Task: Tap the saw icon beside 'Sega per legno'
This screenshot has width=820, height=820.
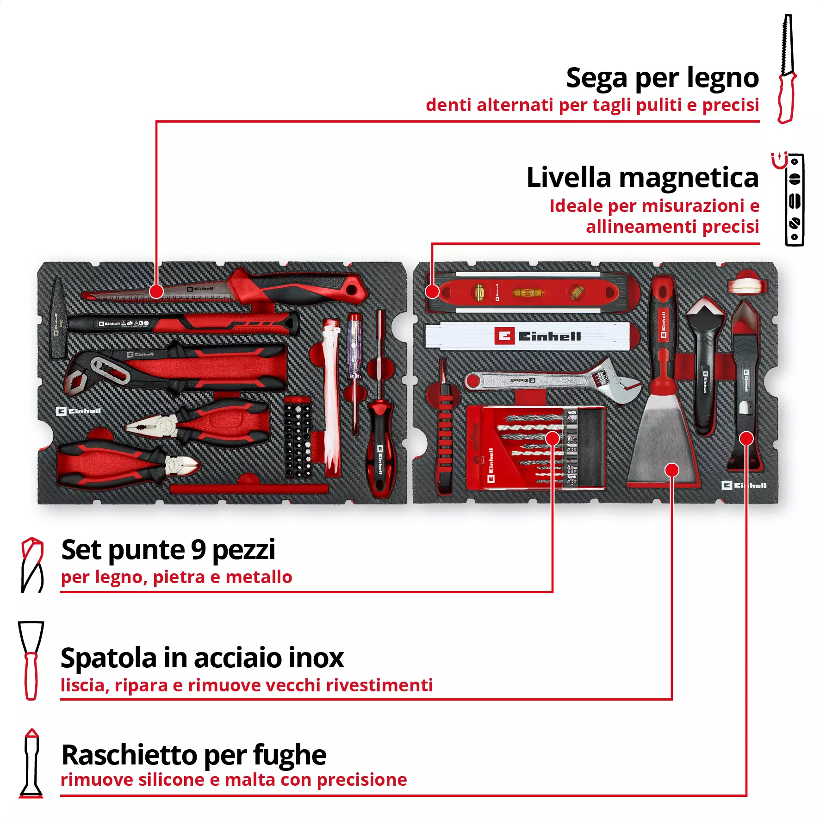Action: [787, 69]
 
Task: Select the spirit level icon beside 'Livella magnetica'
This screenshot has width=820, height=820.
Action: [794, 200]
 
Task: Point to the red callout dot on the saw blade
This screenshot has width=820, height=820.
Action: [156, 292]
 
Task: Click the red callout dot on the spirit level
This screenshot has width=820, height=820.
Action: [432, 291]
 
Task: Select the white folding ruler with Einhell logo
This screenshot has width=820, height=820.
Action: [528, 336]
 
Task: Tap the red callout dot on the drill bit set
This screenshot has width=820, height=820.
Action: [553, 438]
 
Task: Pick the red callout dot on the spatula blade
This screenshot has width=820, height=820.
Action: [671, 470]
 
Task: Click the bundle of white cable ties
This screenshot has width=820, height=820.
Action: [331, 398]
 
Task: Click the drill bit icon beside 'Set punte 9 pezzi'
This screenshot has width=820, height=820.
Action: [32, 565]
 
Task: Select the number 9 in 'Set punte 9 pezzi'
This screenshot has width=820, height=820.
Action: [198, 550]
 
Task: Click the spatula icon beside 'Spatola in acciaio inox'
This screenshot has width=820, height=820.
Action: [31, 660]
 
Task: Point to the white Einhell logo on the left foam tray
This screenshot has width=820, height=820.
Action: [78, 411]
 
